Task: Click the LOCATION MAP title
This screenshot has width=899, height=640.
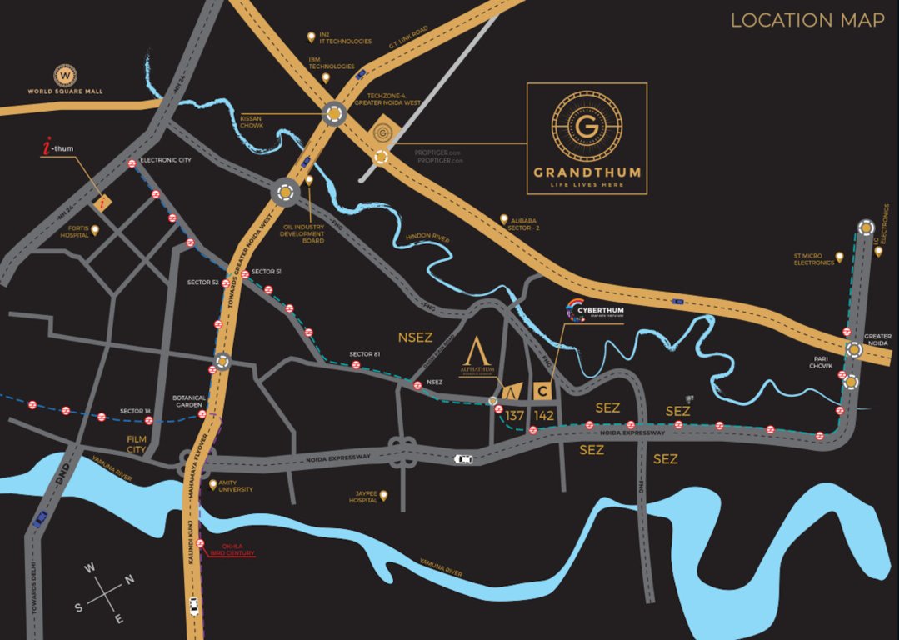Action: pos(807,20)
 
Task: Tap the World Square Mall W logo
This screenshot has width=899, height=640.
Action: pos(65,75)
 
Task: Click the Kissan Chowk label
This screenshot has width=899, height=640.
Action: pos(251,122)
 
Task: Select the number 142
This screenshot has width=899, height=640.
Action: pos(544,415)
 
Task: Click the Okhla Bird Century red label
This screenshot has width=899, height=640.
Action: pos(232,550)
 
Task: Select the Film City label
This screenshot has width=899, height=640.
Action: pos(136,443)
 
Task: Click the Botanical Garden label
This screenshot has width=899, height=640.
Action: pos(189,401)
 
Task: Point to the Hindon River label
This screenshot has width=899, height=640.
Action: pos(428,239)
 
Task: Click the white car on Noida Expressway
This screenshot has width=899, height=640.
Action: pos(462,458)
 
